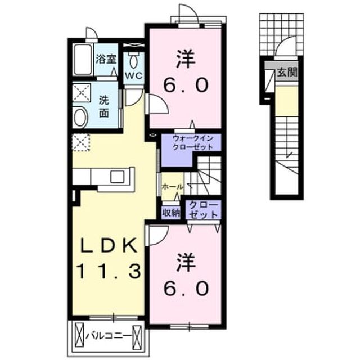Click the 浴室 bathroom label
tap(106, 59)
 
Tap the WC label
tap(134, 75)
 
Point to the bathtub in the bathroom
tap(83, 60)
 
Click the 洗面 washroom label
tap(103, 106)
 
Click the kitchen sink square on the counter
tap(117, 177)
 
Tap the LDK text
tap(108, 247)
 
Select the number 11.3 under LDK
tap(109, 271)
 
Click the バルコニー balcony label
tap(108, 337)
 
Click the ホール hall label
tap(173, 187)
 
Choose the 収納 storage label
tap(171, 213)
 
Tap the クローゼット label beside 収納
tap(203, 210)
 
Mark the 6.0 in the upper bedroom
tap(186, 84)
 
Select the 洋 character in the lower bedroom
tap(186, 262)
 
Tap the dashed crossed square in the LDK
tap(81, 142)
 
